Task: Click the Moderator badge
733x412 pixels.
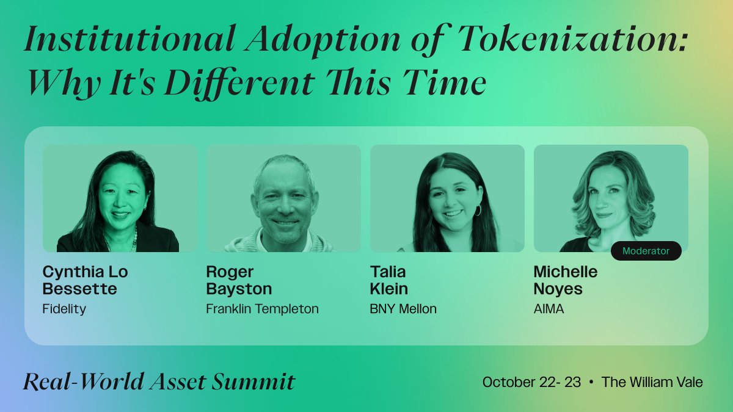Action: [x=646, y=251]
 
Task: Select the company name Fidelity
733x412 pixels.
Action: [x=64, y=309]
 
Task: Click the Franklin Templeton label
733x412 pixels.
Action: [x=262, y=309]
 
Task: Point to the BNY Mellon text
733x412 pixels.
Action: [x=403, y=309]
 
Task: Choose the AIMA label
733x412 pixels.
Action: [x=549, y=309]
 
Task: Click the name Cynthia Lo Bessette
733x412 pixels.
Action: [x=85, y=280]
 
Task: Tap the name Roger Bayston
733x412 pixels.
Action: [x=239, y=280]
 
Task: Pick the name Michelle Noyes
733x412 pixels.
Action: [x=566, y=280]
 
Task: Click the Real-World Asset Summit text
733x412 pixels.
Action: [x=159, y=382]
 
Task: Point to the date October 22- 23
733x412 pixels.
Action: [x=531, y=382]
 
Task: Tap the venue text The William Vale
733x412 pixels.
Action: [x=652, y=382]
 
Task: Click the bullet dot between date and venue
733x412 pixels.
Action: [x=591, y=383]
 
